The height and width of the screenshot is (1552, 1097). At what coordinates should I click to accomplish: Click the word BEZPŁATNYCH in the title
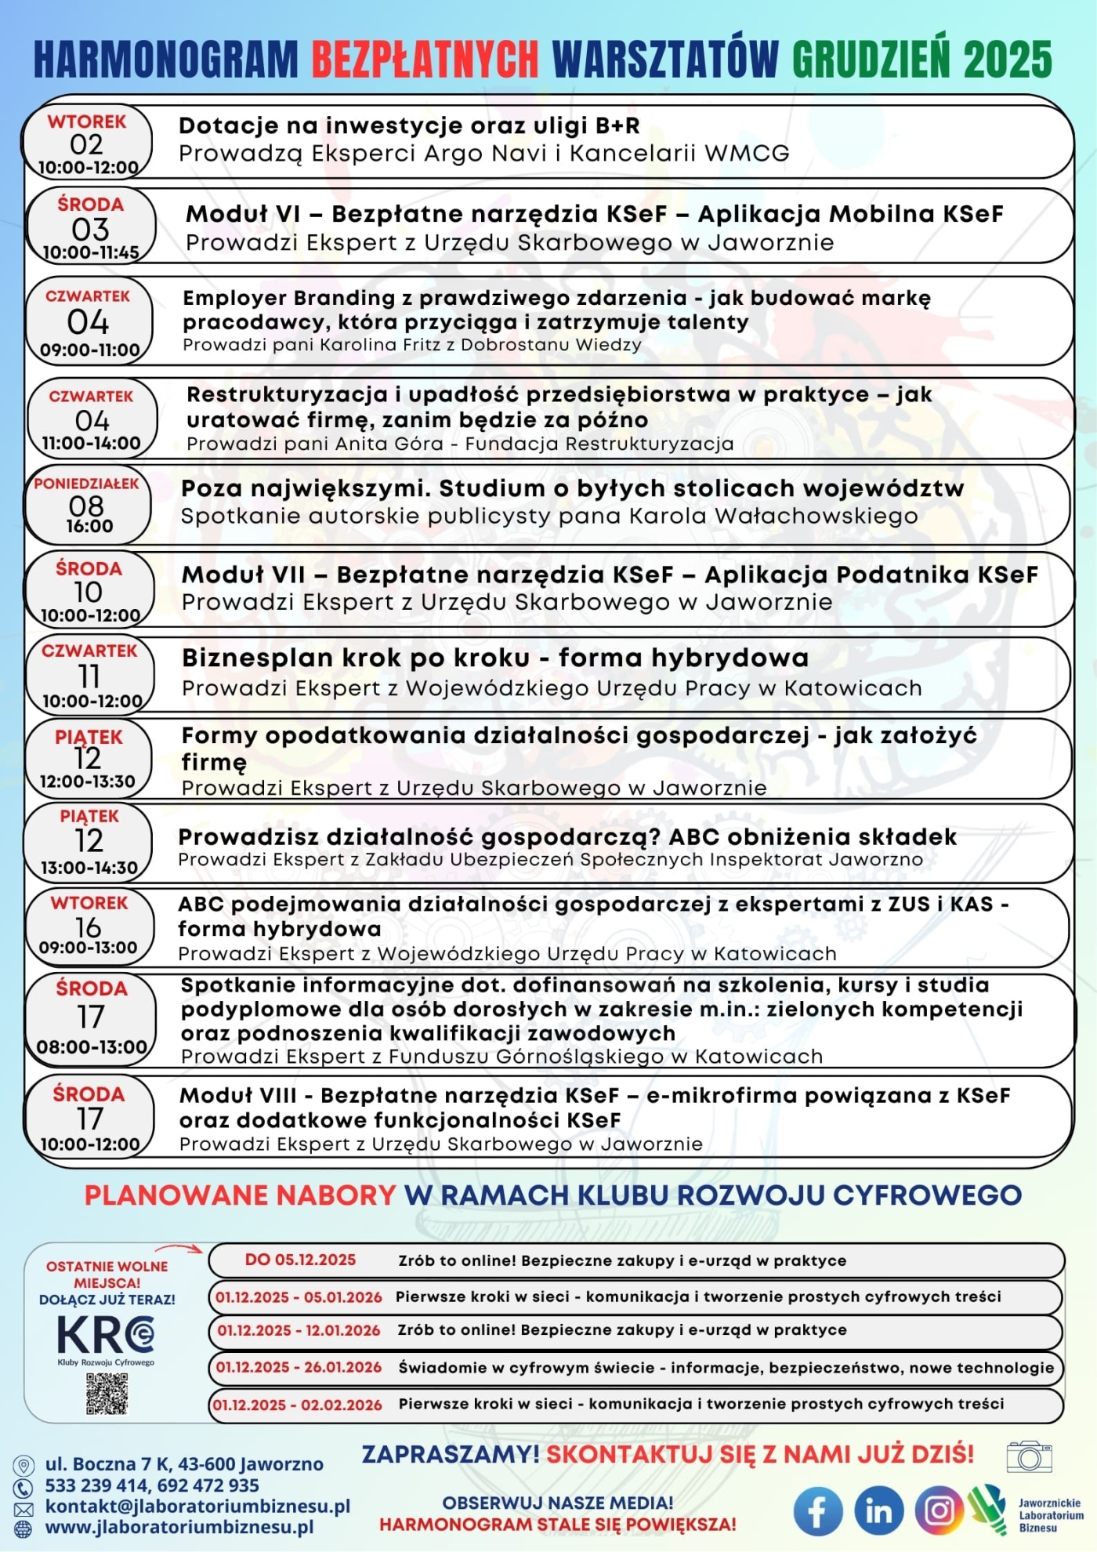tap(425, 59)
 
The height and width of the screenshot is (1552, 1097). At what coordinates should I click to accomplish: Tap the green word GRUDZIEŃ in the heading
tap(872, 59)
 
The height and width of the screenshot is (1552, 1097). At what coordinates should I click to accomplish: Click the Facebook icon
tap(817, 1511)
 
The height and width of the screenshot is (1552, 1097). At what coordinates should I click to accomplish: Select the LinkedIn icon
tap(878, 1511)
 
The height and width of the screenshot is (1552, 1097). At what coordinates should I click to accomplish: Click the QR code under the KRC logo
tap(107, 1394)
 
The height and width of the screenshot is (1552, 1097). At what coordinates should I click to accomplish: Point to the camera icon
tap(1029, 1456)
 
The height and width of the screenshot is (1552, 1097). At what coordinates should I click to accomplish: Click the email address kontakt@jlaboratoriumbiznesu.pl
tap(197, 1506)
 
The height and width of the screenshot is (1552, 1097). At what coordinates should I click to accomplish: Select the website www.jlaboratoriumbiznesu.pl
tap(179, 1527)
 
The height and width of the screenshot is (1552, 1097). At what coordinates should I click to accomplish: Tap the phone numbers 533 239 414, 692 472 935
tap(152, 1485)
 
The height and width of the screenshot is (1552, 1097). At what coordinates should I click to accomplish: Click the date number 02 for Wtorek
tap(86, 144)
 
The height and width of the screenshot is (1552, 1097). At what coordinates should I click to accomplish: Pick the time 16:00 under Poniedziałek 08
tap(89, 526)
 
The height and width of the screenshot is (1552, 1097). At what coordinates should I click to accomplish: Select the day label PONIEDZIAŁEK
tap(86, 484)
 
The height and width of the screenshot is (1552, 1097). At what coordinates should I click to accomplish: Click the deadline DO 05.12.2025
tap(300, 1260)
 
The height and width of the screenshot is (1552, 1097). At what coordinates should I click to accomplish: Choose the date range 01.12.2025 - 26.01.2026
tap(299, 1367)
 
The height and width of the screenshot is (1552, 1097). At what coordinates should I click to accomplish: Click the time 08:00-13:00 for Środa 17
tap(92, 1047)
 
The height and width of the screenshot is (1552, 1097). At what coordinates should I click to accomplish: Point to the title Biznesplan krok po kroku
tap(356, 658)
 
